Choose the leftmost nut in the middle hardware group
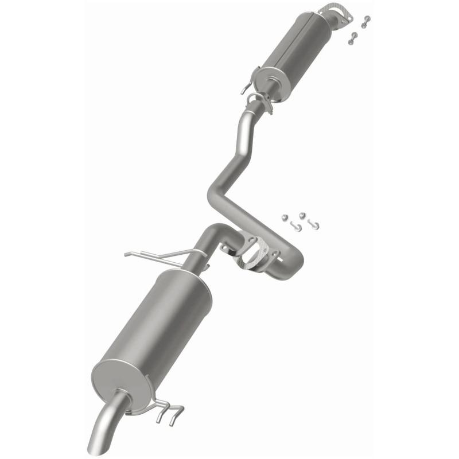click(284, 218)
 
